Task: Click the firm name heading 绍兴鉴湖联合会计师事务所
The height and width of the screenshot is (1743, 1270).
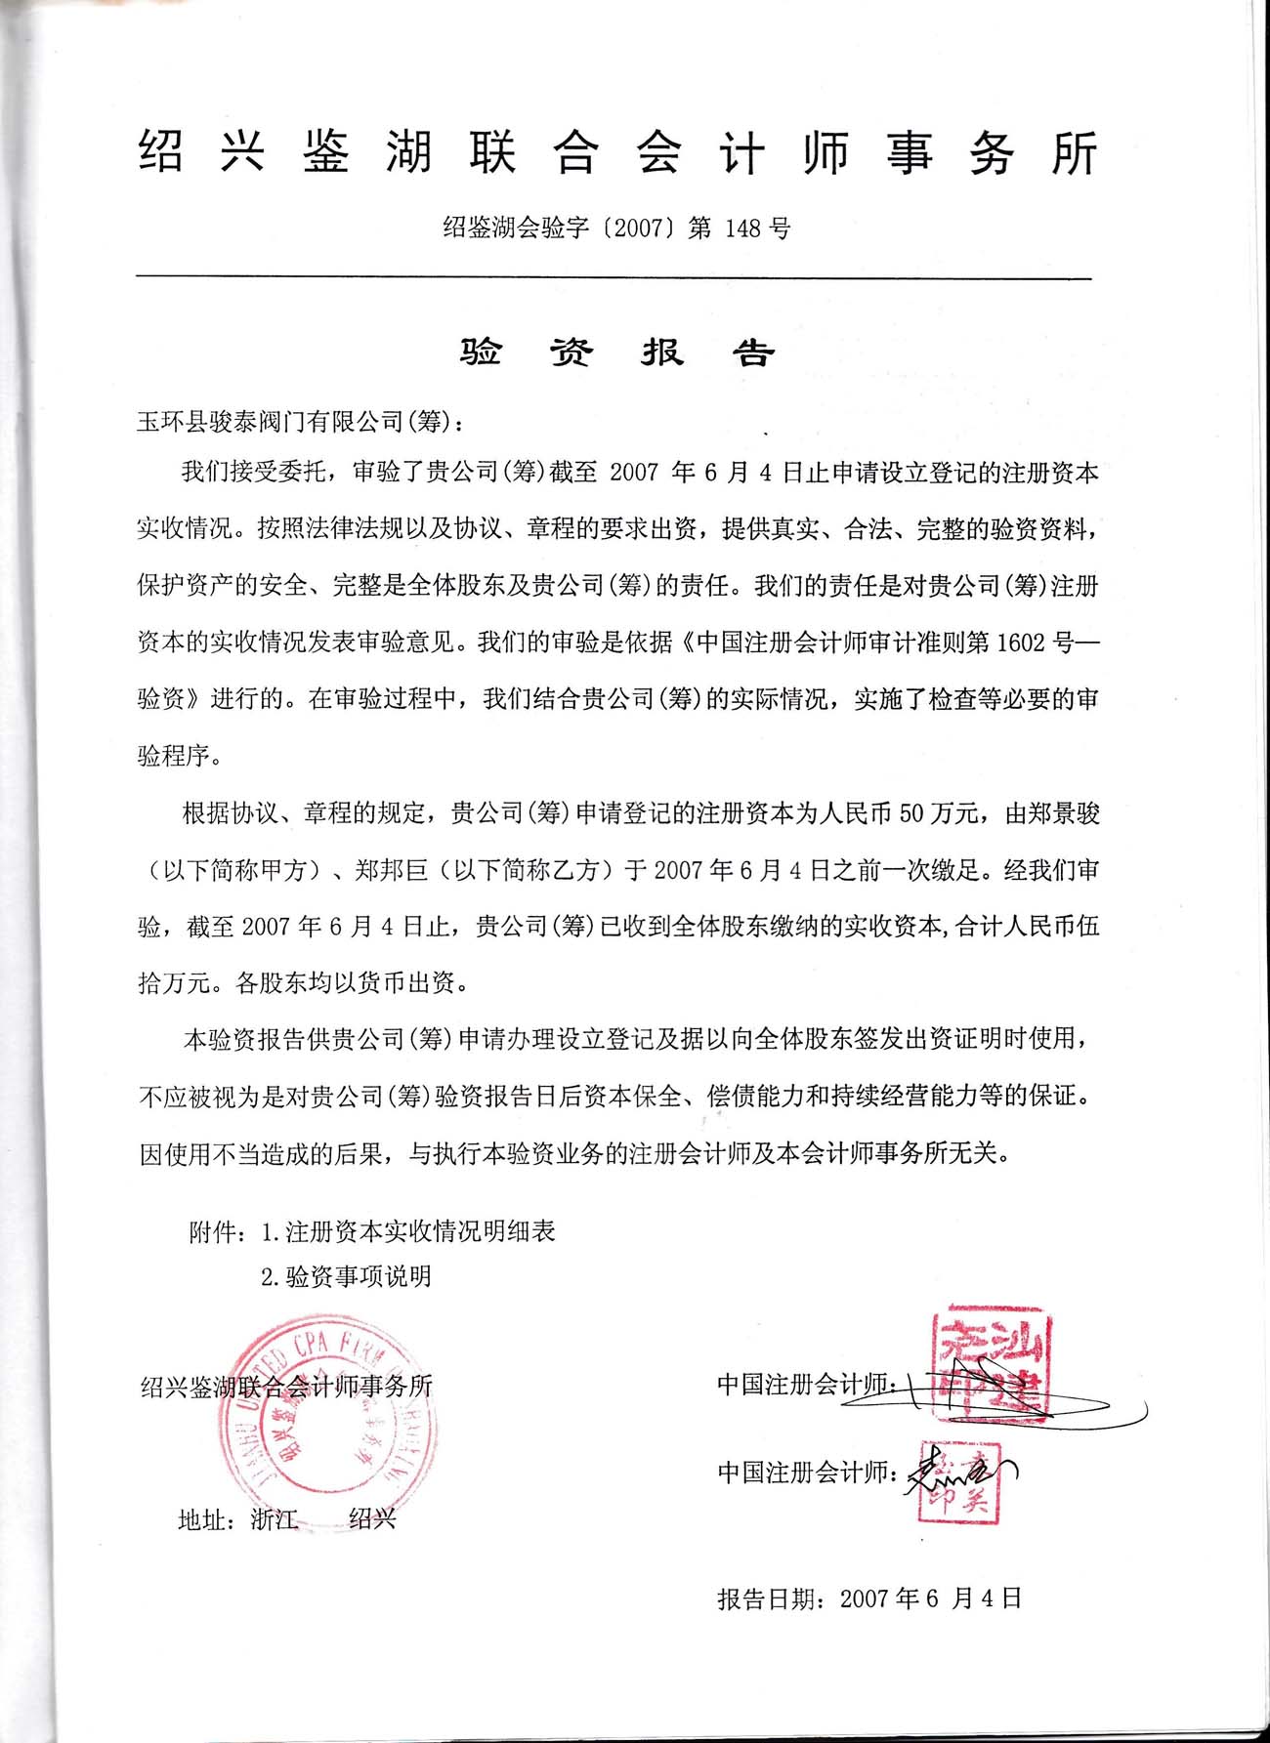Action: [617, 153]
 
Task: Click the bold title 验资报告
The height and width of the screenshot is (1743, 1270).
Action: [617, 353]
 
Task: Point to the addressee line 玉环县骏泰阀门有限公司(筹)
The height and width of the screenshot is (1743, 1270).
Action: [301, 422]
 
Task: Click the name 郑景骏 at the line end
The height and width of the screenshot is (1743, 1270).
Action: [1063, 813]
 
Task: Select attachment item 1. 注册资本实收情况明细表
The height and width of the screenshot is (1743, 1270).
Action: [408, 1231]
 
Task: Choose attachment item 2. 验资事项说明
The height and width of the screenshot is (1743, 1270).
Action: [346, 1276]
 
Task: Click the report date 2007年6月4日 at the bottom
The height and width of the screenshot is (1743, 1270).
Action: [930, 1598]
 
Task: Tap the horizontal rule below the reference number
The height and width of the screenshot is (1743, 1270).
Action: [614, 278]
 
